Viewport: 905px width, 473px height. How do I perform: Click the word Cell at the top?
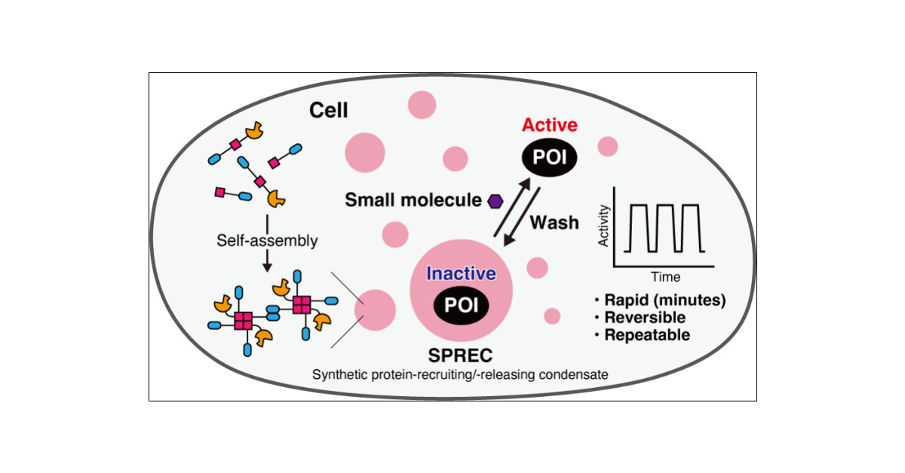[x=329, y=111]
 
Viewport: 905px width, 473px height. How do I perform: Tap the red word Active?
[x=550, y=125]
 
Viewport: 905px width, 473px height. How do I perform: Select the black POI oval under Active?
[x=550, y=159]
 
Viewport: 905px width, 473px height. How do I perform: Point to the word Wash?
[x=554, y=223]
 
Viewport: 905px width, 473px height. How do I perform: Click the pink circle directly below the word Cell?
[x=366, y=153]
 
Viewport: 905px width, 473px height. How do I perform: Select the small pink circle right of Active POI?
[x=607, y=146]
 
